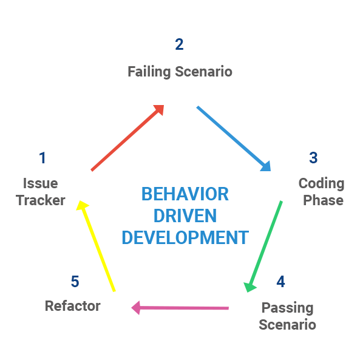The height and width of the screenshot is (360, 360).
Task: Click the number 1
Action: tap(42, 158)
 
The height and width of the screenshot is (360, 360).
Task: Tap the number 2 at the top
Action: tap(179, 44)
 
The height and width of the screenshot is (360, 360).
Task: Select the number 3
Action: tap(313, 158)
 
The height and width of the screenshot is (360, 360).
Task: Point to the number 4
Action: tap(280, 282)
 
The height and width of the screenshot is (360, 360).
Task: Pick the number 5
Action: tap(75, 282)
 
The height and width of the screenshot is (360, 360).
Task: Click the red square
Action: tap(127, 138)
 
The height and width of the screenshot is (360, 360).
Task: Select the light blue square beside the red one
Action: tap(233, 138)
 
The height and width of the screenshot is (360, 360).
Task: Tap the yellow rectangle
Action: tap(96, 243)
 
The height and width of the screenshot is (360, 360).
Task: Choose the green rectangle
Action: tap(262, 243)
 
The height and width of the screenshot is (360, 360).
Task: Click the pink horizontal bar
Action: tap(179, 308)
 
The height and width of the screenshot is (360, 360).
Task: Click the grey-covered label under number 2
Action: tap(180, 72)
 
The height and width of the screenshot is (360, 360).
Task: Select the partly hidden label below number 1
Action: tap(40, 192)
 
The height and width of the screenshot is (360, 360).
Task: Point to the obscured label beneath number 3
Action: tap(322, 191)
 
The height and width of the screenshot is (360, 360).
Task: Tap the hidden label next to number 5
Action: tap(72, 305)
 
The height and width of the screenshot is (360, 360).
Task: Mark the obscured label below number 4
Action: tap(288, 317)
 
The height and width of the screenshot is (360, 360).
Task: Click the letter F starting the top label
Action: tap(131, 72)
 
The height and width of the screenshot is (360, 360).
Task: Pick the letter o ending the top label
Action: tap(228, 72)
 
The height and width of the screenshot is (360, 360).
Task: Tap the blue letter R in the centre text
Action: tap(223, 194)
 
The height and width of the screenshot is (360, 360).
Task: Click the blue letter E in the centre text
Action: tap(146, 194)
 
